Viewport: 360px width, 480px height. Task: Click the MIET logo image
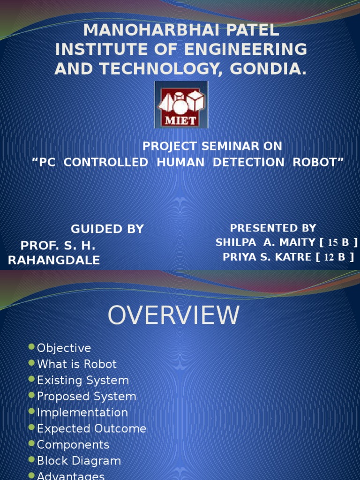click(x=181, y=105)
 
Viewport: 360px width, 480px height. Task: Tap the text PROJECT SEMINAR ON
click(x=212, y=146)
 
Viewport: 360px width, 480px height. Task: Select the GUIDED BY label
click(x=107, y=229)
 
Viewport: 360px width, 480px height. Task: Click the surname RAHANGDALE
click(x=54, y=260)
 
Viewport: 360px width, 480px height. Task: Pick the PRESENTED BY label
click(x=273, y=228)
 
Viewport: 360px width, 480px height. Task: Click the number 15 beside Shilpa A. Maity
click(x=332, y=242)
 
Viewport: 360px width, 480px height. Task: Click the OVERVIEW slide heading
click(x=173, y=315)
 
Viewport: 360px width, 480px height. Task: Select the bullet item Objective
click(x=64, y=348)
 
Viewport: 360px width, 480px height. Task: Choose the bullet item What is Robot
click(x=76, y=364)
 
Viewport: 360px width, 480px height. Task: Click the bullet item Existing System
click(x=82, y=380)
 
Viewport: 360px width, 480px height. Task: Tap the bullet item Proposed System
click(x=86, y=396)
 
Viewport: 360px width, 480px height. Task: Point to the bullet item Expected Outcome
click(x=91, y=428)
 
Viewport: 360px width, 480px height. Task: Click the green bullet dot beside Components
click(x=31, y=443)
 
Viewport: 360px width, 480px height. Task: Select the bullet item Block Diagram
click(x=79, y=461)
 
